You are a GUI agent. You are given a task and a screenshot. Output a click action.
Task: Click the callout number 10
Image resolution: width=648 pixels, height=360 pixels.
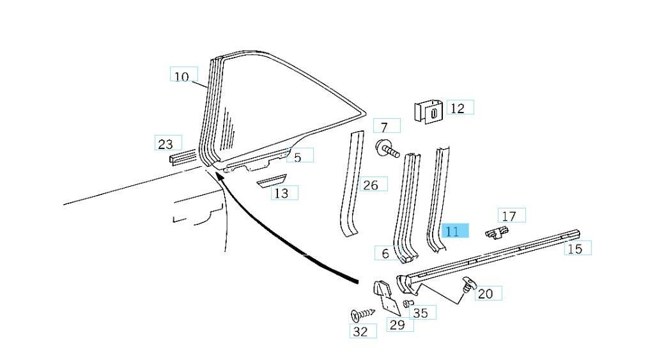click(x=182, y=77)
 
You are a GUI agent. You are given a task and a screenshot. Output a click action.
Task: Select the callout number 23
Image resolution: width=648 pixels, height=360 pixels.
click(x=166, y=144)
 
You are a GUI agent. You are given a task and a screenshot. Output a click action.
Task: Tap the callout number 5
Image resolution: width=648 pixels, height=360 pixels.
click(x=298, y=155)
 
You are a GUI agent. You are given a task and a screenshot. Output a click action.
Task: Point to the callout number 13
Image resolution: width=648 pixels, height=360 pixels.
click(x=281, y=192)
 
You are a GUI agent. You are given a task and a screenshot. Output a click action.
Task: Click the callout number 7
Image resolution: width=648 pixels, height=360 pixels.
click(x=384, y=127)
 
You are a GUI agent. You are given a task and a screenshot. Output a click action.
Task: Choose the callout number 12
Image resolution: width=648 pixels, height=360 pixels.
click(x=458, y=108)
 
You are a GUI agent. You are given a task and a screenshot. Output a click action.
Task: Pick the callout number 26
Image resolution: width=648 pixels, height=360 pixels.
click(x=370, y=185)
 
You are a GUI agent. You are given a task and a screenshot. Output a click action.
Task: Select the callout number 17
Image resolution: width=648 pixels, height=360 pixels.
click(x=509, y=216)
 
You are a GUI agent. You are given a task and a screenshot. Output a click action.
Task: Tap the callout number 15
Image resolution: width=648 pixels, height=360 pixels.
click(x=575, y=249)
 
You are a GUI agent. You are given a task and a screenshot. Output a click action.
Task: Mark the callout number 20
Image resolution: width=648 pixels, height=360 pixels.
click(x=486, y=293)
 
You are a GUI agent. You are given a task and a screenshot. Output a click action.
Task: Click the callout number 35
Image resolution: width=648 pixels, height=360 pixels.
click(x=420, y=313)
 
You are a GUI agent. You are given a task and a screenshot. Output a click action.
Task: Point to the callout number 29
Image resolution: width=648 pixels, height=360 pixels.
click(x=397, y=325)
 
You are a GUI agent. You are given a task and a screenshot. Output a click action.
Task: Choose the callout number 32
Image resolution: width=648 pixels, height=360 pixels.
click(x=360, y=331)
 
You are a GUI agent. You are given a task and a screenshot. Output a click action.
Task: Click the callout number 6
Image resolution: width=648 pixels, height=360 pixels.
click(x=385, y=254)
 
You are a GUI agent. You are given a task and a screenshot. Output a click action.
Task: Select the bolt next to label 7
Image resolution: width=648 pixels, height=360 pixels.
click(x=387, y=150)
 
